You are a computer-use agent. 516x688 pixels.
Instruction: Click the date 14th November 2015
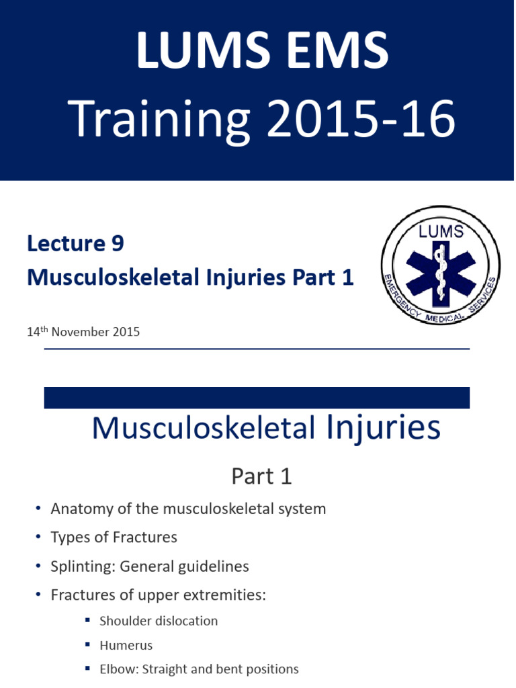83,331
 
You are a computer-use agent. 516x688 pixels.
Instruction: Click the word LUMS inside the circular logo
441,232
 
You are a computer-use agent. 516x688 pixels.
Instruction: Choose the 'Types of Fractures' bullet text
114,537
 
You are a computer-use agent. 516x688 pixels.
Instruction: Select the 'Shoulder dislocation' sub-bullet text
159,621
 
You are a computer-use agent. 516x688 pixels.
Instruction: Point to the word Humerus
126,645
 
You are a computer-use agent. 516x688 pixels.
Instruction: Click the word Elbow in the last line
116,669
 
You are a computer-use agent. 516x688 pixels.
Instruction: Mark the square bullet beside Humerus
88,645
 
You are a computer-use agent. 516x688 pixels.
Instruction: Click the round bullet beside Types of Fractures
38,538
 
